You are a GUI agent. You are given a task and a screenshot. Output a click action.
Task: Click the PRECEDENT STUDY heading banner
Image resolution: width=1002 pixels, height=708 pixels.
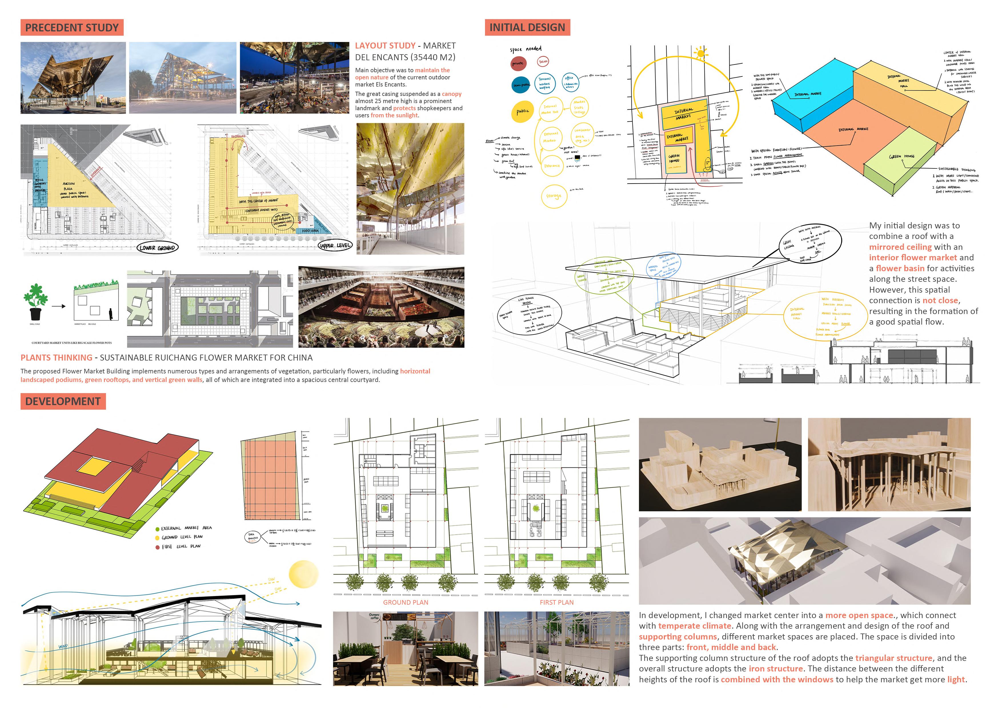[72, 27]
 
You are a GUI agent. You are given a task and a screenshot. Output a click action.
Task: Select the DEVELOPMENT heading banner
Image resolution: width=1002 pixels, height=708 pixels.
[63, 401]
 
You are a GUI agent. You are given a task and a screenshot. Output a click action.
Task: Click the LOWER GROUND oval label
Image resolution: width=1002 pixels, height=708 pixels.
[157, 248]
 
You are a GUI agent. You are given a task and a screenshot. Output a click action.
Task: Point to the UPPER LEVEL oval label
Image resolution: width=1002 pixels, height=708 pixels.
[335, 245]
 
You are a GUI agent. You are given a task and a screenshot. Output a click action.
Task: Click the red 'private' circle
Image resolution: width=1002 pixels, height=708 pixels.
[518, 64]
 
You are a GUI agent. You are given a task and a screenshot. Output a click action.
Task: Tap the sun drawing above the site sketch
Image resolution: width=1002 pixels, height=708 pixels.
[701, 54]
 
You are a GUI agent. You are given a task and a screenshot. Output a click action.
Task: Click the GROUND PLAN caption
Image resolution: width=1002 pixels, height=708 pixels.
[405, 602]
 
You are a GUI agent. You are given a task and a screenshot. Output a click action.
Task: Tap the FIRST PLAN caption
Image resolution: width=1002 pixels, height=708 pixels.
[556, 602]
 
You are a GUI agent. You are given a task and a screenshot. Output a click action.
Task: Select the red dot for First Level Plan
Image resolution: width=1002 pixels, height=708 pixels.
[158, 547]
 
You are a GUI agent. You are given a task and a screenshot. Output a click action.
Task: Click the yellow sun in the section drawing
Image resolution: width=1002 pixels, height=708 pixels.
[304, 574]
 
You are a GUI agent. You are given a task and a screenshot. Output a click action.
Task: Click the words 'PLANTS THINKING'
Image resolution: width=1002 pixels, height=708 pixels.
[56, 358]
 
